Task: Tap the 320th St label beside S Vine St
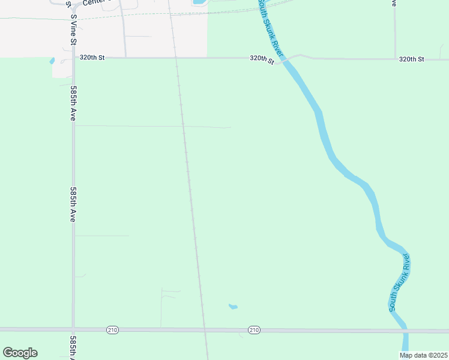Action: pyautogui.click(x=92, y=58)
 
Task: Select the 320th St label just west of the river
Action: pyautogui.click(x=262, y=59)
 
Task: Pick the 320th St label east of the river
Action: pyautogui.click(x=411, y=59)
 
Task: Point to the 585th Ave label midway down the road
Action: pyautogui.click(x=73, y=205)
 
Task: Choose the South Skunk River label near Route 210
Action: pyautogui.click(x=400, y=282)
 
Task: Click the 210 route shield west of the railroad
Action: pyautogui.click(x=112, y=330)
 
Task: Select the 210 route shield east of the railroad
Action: pyautogui.click(x=254, y=330)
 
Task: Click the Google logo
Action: pyautogui.click(x=20, y=353)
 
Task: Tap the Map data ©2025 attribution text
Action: pyautogui.click(x=424, y=355)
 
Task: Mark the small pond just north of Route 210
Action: pyautogui.click(x=233, y=307)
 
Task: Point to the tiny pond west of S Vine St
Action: pyautogui.click(x=52, y=61)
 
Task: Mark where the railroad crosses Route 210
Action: pyautogui.click(x=205, y=330)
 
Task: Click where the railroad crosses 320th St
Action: pyautogui.click(x=176, y=58)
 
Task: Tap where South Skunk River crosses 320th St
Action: pyautogui.click(x=286, y=59)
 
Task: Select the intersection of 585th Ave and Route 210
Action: pyautogui.click(x=73, y=330)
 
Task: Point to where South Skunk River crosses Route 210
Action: pyautogui.click(x=405, y=331)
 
